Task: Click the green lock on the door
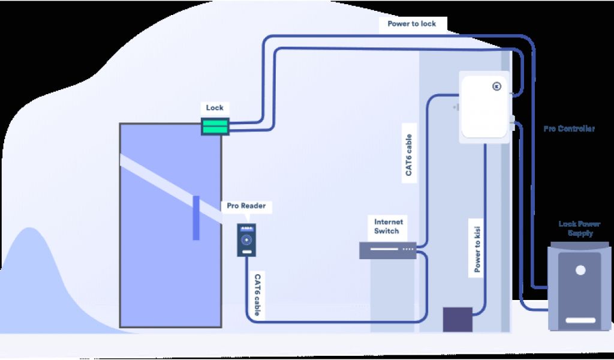pyautogui.click(x=215, y=127)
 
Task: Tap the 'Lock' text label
pyautogui.click(x=215, y=108)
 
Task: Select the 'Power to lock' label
pyautogui.click(x=412, y=24)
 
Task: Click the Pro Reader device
pyautogui.click(x=246, y=240)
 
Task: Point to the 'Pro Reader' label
pyautogui.click(x=246, y=206)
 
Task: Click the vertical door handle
pyautogui.click(x=195, y=217)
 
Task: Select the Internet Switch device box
pyautogui.click(x=387, y=250)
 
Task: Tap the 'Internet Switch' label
pyautogui.click(x=389, y=226)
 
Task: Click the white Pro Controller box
pyautogui.click(x=484, y=107)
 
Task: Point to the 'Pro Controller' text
pyautogui.click(x=568, y=129)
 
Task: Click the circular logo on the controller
pyautogui.click(x=496, y=86)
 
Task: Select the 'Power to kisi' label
pyautogui.click(x=477, y=247)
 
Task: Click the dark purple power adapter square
pyautogui.click(x=458, y=319)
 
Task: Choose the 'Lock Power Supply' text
pyautogui.click(x=579, y=228)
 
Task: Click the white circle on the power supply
pyautogui.click(x=580, y=270)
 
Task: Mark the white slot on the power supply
pyautogui.click(x=580, y=320)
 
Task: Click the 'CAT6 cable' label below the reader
pyautogui.click(x=257, y=295)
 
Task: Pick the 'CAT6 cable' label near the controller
pyautogui.click(x=408, y=155)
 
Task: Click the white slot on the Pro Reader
pyautogui.click(x=246, y=251)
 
